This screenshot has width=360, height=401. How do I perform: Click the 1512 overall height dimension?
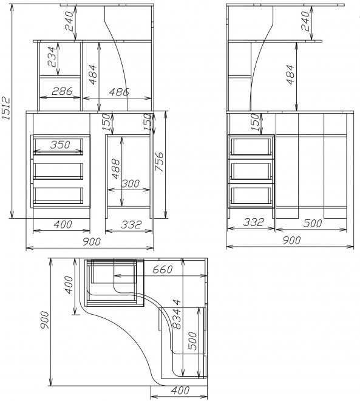pyautogui.click(x=5, y=108)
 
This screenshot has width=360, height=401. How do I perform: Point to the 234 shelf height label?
pyautogui.click(x=52, y=57)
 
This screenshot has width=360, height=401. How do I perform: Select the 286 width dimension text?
pyautogui.click(x=62, y=91)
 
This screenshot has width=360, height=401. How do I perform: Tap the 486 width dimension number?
pyautogui.click(x=119, y=92)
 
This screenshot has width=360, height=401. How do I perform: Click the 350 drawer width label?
pyautogui.click(x=60, y=145)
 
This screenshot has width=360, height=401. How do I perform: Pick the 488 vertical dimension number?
pyautogui.click(x=115, y=169)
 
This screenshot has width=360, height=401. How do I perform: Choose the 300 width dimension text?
pyautogui.click(x=131, y=183)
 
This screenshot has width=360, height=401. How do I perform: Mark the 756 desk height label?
pyautogui.click(x=159, y=162)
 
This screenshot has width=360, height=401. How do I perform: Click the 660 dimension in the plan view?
pyautogui.click(x=163, y=269)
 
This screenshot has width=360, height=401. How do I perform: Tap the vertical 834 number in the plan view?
pyautogui.click(x=177, y=314)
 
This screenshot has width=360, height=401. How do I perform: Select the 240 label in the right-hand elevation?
pyautogui.click(x=305, y=21)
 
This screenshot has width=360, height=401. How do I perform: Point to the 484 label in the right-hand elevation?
pyautogui.click(x=290, y=74)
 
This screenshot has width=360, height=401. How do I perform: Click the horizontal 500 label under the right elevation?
pyautogui.click(x=313, y=223)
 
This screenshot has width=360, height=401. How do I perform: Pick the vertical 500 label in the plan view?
pyautogui.click(x=192, y=341)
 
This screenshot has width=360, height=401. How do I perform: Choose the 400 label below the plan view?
pyautogui.click(x=180, y=390)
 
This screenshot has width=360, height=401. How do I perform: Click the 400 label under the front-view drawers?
pyautogui.click(x=63, y=225)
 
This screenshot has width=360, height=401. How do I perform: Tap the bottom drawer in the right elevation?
pyautogui.click(x=251, y=195)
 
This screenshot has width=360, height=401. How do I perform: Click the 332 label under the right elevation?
pyautogui.click(x=253, y=222)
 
